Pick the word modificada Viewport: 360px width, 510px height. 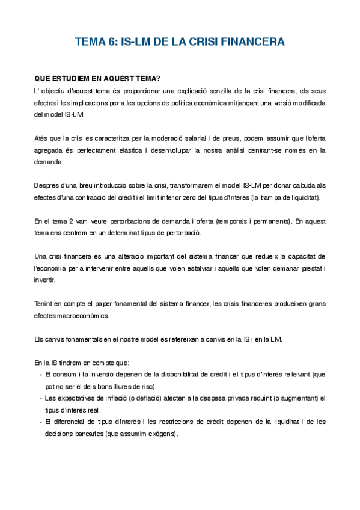click(x=307, y=103)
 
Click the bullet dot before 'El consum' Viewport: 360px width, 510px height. click(x=40, y=375)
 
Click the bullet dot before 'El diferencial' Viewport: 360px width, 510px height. click(x=40, y=422)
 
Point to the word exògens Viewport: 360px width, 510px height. click(x=164, y=434)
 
